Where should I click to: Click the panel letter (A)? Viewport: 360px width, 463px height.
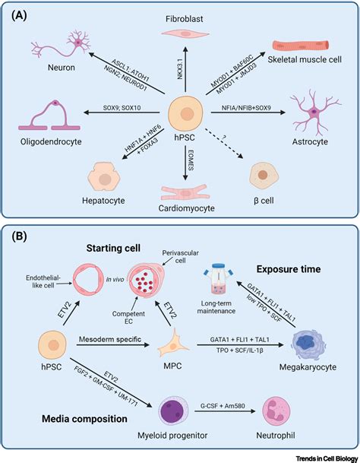[25, 17]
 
